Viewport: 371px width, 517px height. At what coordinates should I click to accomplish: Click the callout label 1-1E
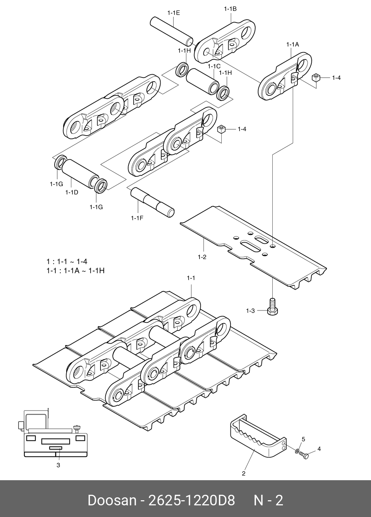174,13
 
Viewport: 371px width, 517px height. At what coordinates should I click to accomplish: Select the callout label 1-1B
230,9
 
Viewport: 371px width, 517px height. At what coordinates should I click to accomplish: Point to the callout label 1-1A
292,44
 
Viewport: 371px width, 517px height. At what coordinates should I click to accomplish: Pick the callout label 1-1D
72,192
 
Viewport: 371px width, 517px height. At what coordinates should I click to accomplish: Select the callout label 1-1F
137,218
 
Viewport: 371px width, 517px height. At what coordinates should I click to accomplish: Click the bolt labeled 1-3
272,306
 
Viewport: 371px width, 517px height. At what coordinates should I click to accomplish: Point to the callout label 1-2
202,257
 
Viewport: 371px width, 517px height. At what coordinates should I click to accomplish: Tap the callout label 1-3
250,311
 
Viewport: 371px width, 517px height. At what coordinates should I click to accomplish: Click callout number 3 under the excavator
58,465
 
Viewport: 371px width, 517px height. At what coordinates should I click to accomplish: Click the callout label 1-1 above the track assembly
191,278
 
